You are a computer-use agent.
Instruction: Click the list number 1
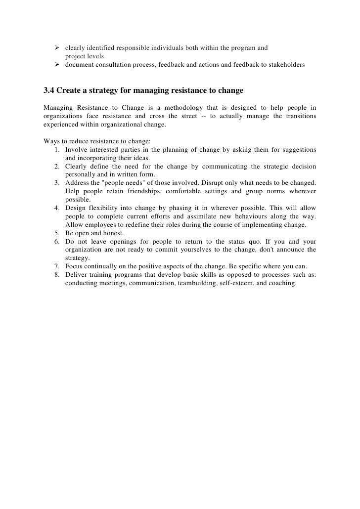click(x=57, y=150)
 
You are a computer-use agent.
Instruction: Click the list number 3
click(x=57, y=183)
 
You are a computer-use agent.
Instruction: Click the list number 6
click(x=57, y=241)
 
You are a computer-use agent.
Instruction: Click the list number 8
click(x=57, y=275)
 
